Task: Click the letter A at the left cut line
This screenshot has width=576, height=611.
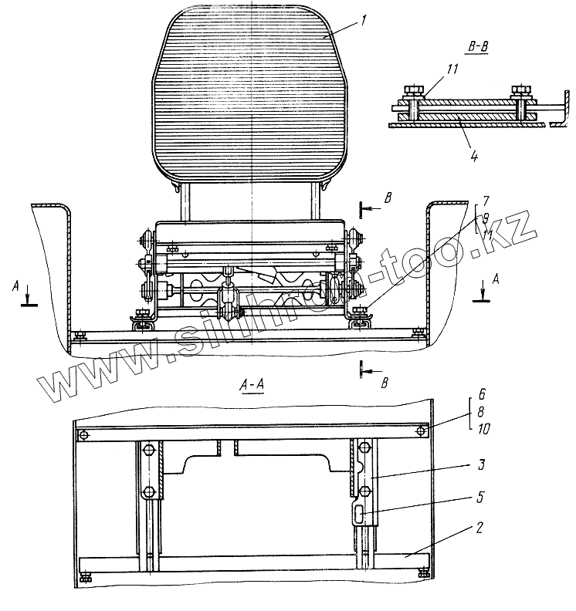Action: [x=15, y=285]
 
